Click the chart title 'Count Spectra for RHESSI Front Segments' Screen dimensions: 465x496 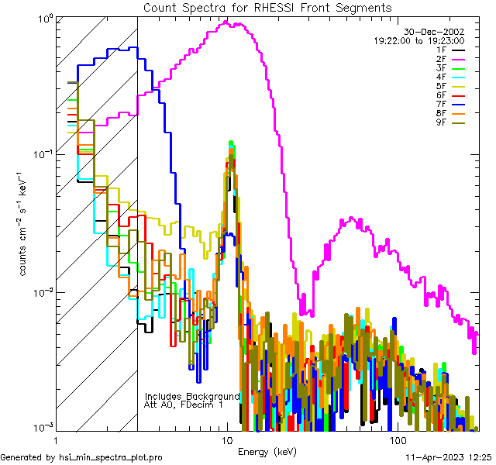click(x=267, y=7)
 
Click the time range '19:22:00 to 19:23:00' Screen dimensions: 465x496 click(x=418, y=40)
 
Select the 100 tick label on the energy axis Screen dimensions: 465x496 click(x=398, y=439)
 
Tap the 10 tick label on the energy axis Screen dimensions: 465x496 click(x=226, y=439)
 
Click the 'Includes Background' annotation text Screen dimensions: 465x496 click(x=192, y=396)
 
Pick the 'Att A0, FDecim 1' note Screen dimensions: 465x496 click(x=184, y=405)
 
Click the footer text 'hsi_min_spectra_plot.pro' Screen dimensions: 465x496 click(x=111, y=458)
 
